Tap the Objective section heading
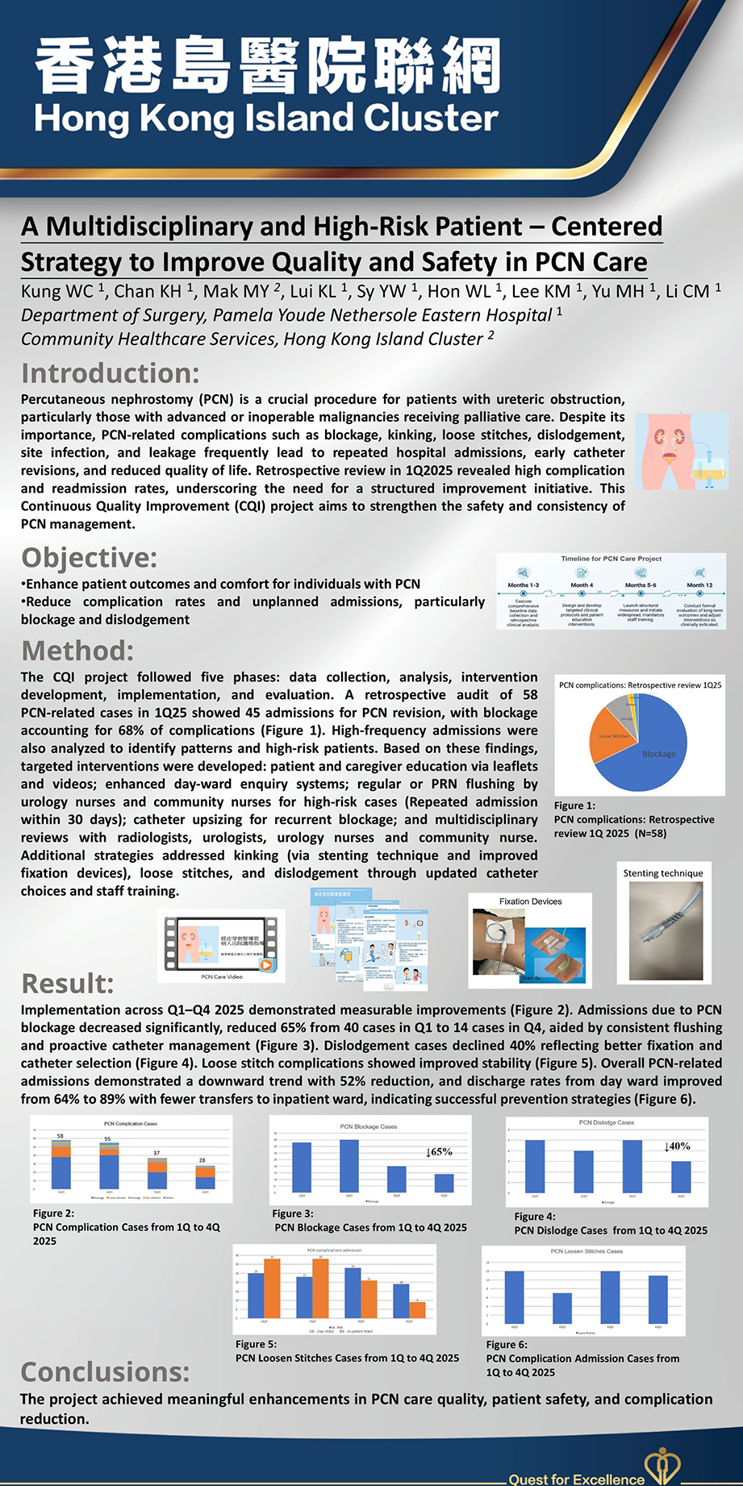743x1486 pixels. [89, 557]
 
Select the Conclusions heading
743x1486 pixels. [105, 1371]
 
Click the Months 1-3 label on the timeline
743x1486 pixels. [523, 585]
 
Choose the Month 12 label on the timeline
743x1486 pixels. [699, 585]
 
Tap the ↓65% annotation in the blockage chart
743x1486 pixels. [439, 1151]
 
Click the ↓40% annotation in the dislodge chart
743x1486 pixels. [677, 1146]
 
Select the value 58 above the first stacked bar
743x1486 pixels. [60, 1135]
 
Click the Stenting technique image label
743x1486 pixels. [662, 873]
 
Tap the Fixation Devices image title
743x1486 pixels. [530, 901]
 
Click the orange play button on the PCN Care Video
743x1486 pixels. [265, 964]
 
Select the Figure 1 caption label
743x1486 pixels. [574, 805]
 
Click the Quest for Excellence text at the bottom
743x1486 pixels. [576, 1479]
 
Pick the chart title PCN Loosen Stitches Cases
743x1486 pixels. [586, 1251]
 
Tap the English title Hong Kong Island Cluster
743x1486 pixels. [266, 119]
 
